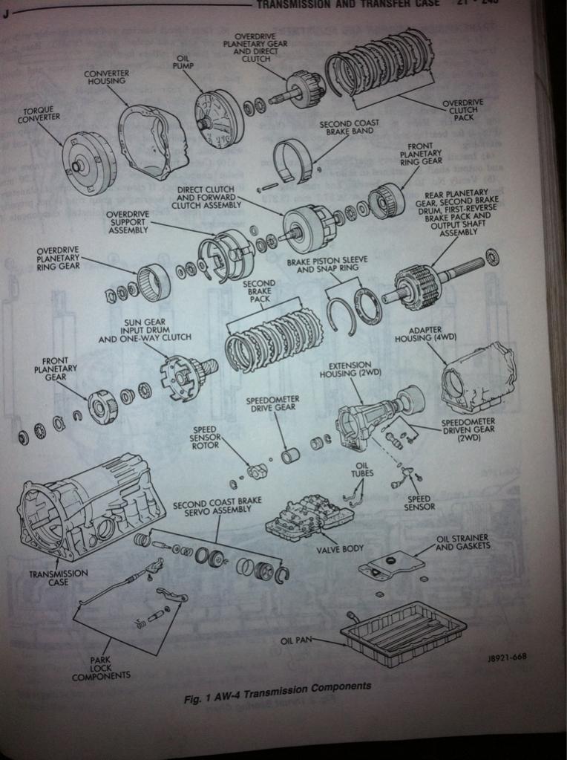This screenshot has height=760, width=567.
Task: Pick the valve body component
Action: (x=307, y=516)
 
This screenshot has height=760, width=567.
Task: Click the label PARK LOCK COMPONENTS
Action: (x=101, y=667)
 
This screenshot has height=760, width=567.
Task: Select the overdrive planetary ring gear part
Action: (x=154, y=282)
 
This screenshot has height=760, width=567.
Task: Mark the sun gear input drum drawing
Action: (x=186, y=376)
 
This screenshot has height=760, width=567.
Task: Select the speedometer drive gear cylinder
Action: (x=290, y=454)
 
